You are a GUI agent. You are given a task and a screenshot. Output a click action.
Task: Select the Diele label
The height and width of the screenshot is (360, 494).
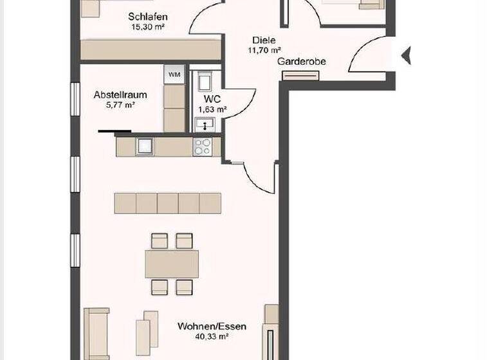264,39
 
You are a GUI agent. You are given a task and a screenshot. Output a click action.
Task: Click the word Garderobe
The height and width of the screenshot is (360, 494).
302,62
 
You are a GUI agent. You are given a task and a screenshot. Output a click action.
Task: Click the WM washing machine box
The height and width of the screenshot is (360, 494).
174,75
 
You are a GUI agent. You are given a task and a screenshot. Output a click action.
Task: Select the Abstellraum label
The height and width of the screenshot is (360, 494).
120,94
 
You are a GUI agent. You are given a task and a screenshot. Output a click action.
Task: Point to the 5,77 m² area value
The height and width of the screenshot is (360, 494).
120,104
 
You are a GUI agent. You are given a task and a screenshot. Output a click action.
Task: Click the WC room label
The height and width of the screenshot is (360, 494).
213,100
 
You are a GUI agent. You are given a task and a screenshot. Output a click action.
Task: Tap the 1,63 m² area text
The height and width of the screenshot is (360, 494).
213,109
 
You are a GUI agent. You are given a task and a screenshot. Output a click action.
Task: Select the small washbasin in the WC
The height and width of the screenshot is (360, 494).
206,124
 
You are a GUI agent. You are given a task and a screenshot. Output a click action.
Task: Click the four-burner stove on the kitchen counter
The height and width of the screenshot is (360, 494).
202,147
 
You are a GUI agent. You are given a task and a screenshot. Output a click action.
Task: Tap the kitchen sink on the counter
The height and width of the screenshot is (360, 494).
143,147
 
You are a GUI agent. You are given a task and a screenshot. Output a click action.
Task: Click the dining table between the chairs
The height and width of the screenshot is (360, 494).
172,264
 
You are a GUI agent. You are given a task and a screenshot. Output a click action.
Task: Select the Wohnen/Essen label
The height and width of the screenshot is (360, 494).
212,327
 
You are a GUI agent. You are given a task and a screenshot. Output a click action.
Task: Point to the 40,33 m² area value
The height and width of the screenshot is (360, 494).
212,336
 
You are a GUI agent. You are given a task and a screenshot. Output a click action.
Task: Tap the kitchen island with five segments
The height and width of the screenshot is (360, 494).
168,203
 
